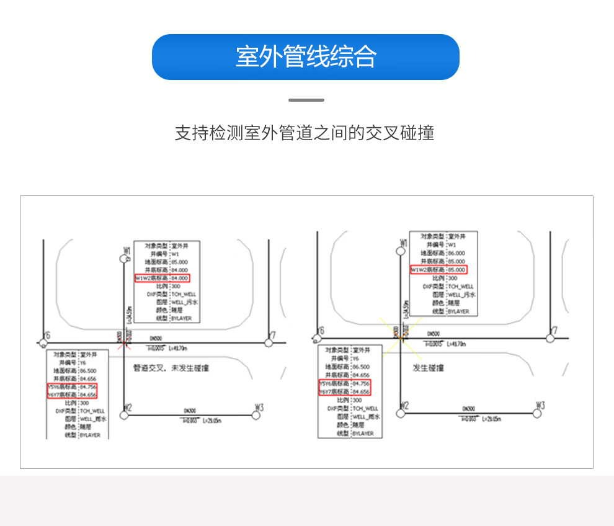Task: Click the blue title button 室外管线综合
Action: click(306, 57)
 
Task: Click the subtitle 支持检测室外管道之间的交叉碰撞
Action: click(304, 133)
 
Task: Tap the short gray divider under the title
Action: click(306, 100)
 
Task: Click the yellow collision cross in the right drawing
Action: click(401, 336)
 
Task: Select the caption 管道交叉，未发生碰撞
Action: click(171, 368)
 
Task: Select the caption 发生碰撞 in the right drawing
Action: click(429, 368)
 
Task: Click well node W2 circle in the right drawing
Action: click(402, 412)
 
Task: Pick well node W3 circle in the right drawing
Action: click(537, 412)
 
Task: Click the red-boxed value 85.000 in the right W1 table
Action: click(456, 270)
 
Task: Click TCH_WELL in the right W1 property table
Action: click(460, 287)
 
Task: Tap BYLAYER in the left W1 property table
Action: click(182, 319)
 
